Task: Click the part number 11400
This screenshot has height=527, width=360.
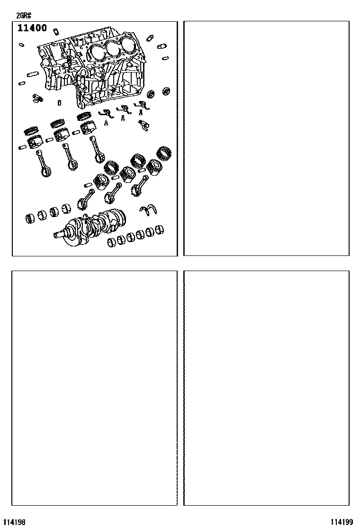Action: (x=32, y=28)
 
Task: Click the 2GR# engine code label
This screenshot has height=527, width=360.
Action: (x=24, y=15)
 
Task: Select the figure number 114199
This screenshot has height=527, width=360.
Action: (x=342, y=522)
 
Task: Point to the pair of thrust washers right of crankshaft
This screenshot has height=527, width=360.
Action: (x=148, y=210)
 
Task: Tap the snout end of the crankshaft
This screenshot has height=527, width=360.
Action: (x=58, y=234)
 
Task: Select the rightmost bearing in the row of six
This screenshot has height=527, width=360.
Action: (x=159, y=229)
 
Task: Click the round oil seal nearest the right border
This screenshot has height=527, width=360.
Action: (x=166, y=91)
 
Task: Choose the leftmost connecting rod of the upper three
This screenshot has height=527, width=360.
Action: (x=44, y=164)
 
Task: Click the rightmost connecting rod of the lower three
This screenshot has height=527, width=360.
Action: (x=139, y=186)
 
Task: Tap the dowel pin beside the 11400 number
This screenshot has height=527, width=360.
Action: (x=56, y=31)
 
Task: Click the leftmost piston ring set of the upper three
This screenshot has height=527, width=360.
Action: (x=31, y=129)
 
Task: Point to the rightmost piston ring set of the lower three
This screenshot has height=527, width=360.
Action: (x=164, y=153)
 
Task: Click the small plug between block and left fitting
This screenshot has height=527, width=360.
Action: (x=59, y=102)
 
